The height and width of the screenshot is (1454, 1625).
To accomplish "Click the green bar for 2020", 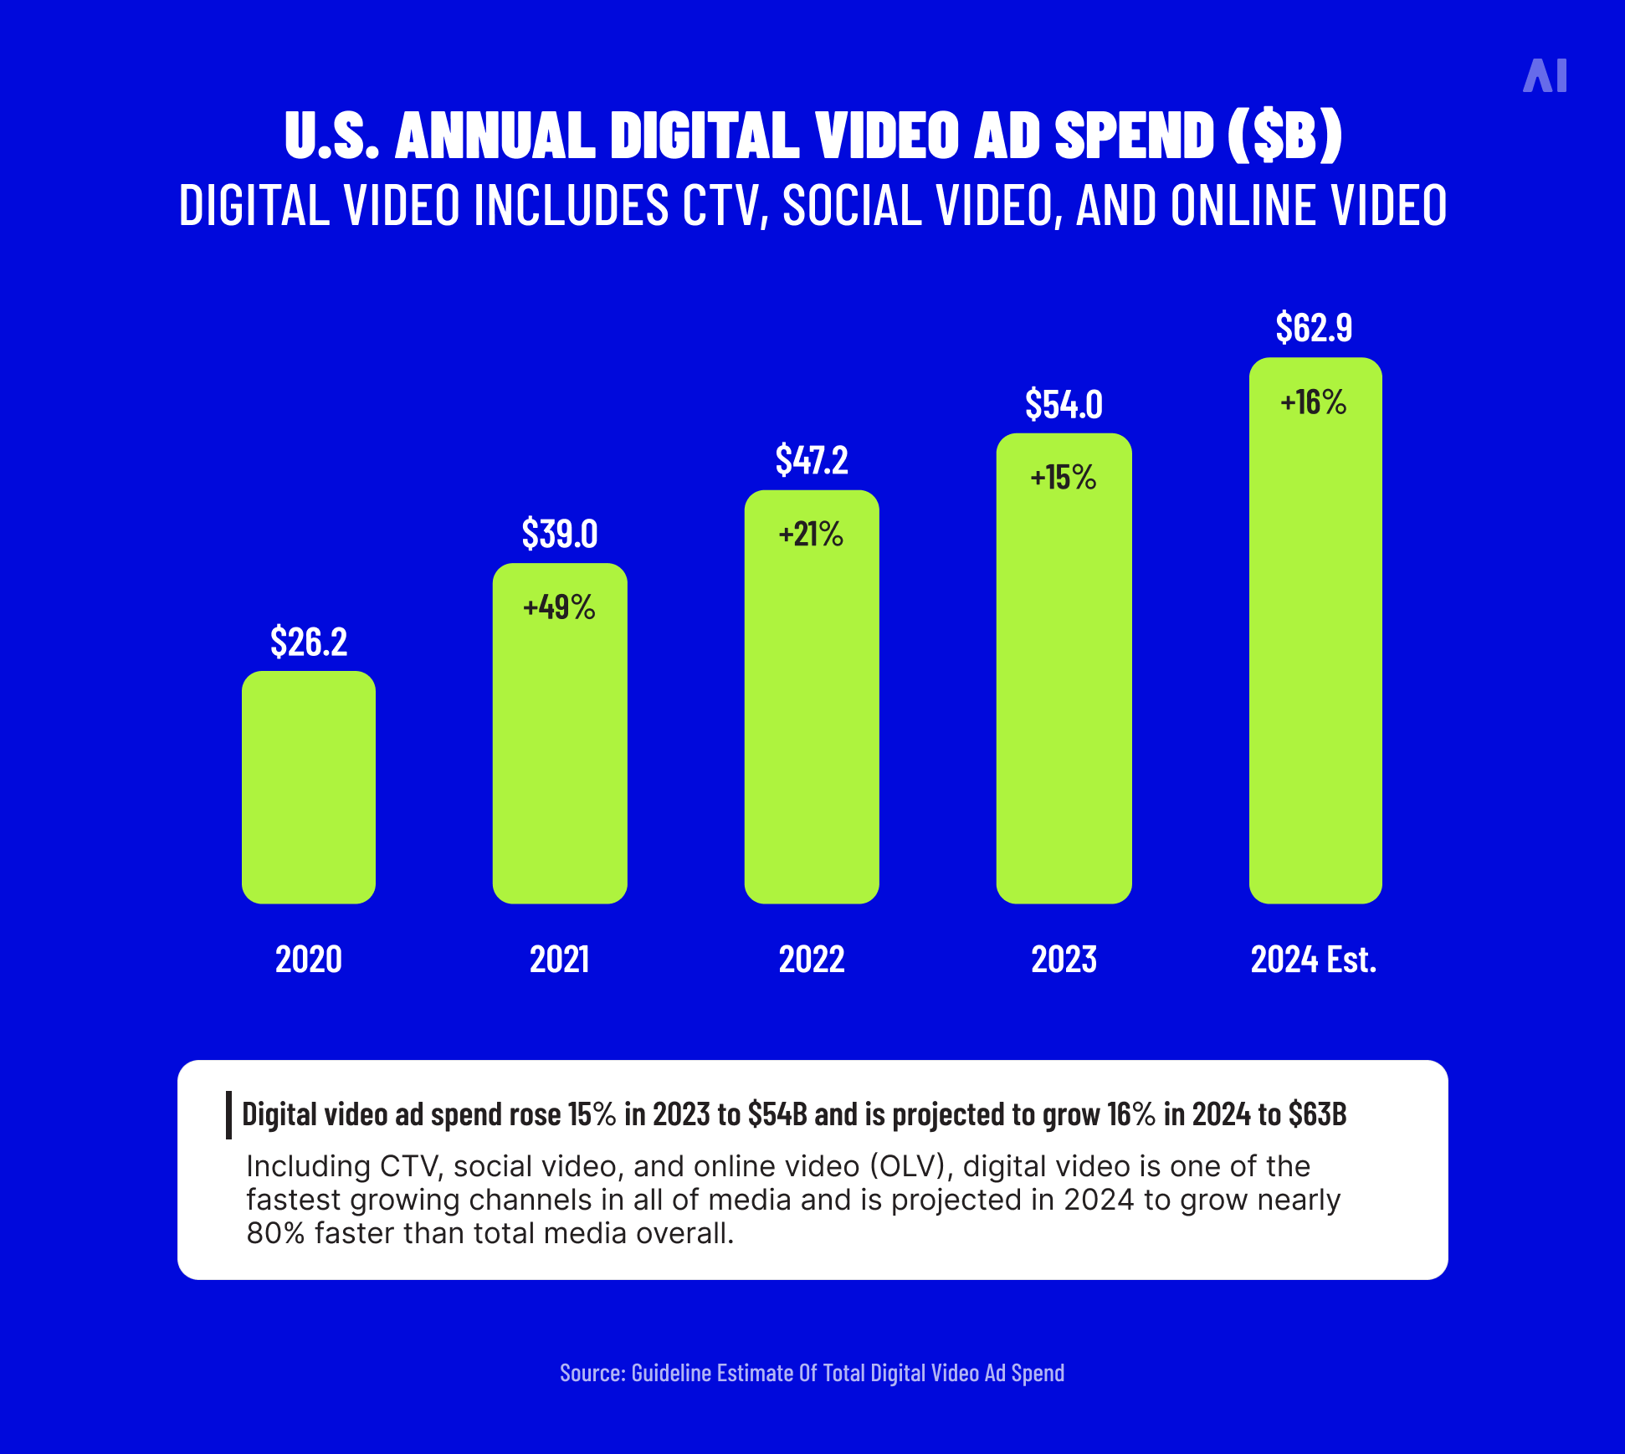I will [x=308, y=786].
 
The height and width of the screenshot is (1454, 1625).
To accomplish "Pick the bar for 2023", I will [x=1064, y=686].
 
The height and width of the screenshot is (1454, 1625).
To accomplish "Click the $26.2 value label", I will [x=308, y=642].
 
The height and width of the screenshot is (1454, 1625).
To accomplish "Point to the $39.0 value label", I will [x=559, y=534].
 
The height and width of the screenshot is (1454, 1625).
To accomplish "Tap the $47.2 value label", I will [x=811, y=460].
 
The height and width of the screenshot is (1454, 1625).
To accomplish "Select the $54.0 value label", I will [x=1064, y=405].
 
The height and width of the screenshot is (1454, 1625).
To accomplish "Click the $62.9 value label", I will [x=1314, y=327].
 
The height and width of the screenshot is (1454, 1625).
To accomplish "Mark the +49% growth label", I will [x=559, y=607].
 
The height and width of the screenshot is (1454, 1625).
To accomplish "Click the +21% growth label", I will [x=811, y=535].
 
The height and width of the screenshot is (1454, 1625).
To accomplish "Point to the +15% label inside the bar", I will [x=1064, y=478].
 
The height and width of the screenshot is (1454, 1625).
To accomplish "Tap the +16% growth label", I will [x=1314, y=403].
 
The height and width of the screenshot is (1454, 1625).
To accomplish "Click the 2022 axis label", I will [x=811, y=959].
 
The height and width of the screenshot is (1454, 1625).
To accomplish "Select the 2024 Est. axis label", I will [x=1314, y=959].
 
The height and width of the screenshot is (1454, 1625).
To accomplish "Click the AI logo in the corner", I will [x=1545, y=76].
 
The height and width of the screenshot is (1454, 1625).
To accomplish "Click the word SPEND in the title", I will [x=1134, y=135].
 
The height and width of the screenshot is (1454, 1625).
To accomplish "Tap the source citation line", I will [x=812, y=1373].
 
